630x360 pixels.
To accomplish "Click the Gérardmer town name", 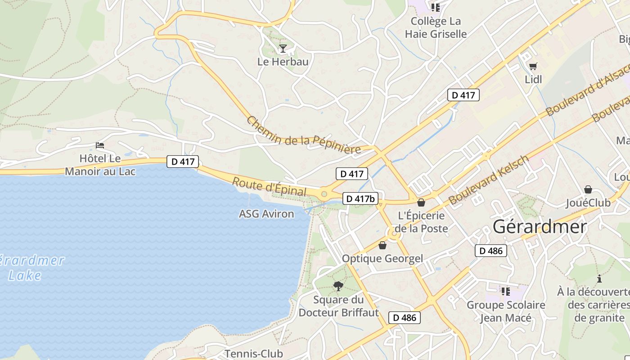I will (540, 227).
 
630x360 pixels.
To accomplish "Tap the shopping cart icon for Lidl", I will (533, 67).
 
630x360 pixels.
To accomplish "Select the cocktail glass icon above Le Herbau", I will (283, 48).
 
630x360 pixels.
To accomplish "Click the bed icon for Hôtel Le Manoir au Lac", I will (100, 145).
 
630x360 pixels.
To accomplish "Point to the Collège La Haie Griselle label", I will (436, 27).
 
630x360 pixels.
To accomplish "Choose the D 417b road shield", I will (360, 198).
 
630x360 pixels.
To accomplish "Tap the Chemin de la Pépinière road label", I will (304, 135).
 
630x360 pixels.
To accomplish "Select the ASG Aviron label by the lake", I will (266, 214).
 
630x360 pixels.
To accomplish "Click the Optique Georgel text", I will (382, 258).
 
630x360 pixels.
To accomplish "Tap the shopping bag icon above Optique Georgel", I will (382, 245).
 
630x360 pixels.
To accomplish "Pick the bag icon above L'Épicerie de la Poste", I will (421, 202).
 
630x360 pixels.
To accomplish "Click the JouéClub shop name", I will (588, 202).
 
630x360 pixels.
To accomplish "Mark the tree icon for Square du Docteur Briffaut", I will (338, 286).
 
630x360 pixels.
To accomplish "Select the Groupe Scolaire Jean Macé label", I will (505, 311).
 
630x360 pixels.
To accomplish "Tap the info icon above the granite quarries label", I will (599, 279).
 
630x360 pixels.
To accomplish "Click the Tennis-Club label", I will (254, 354).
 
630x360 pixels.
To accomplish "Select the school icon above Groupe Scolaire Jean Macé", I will (505, 292).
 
